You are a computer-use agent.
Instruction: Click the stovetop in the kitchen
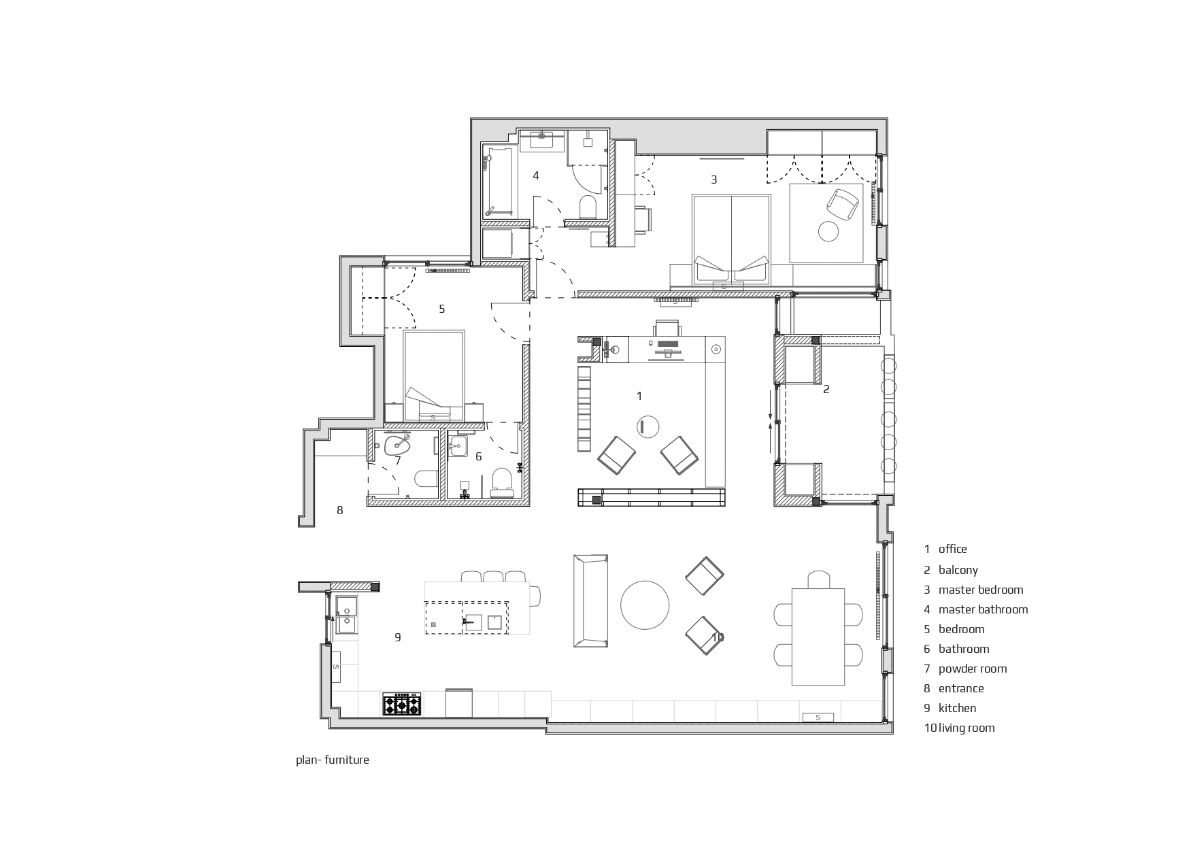coord(402,704)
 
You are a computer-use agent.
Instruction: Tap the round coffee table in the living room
coord(645,604)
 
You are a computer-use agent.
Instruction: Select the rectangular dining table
coord(818,637)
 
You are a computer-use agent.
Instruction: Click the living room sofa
coord(590,601)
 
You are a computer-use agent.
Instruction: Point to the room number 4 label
coord(536,175)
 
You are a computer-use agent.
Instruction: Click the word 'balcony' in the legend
coord(958,570)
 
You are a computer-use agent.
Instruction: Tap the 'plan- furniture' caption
coord(333,760)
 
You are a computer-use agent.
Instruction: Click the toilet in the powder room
coord(426,479)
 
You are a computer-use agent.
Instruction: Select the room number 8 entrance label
coord(340,510)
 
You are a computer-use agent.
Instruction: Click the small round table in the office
coord(648,426)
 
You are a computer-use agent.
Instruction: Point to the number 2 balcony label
coord(826,389)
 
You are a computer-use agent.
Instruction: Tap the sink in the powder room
coord(398,446)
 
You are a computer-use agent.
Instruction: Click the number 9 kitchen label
coord(398,637)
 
